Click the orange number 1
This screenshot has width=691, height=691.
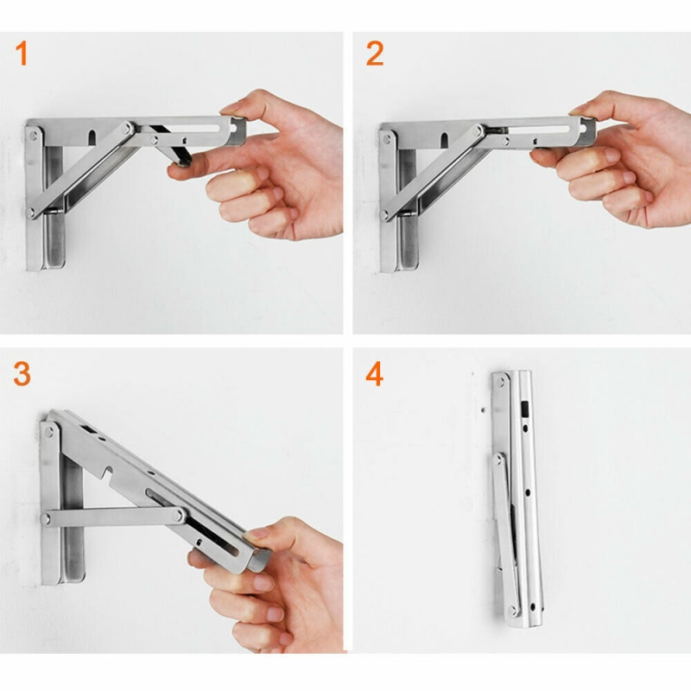tap(22, 54)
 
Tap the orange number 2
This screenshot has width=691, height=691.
tap(375, 54)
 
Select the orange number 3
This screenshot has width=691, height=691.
tap(22, 374)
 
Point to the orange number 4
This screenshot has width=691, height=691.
tap(375, 374)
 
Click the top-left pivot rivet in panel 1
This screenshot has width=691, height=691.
tap(33, 135)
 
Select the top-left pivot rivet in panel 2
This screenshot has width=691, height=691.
tap(386, 139)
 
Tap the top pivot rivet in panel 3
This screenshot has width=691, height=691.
tap(49, 431)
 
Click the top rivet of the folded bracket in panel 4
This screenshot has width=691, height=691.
tap(501, 382)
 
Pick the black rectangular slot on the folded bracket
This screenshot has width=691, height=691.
tap(524, 409)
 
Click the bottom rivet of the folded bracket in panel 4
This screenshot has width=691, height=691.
tap(512, 611)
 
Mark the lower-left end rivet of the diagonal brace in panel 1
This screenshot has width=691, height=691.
tap(31, 212)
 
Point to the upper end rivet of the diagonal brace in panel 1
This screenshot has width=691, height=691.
tap(127, 129)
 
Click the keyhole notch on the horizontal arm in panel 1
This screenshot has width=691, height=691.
tap(92, 137)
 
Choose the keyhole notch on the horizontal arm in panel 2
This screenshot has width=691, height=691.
tap(444, 140)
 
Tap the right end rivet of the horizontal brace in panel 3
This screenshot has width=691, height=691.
tap(178, 515)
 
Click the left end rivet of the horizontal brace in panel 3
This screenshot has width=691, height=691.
tap(46, 519)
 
